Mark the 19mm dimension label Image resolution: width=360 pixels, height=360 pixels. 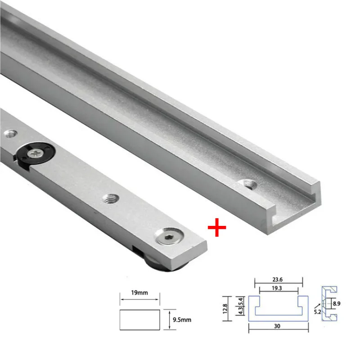(139, 293)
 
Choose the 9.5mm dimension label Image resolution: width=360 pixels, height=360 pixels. (182, 319)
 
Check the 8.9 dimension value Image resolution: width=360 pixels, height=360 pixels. (337, 304)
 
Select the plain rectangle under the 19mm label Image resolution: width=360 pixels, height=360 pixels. (139, 319)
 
